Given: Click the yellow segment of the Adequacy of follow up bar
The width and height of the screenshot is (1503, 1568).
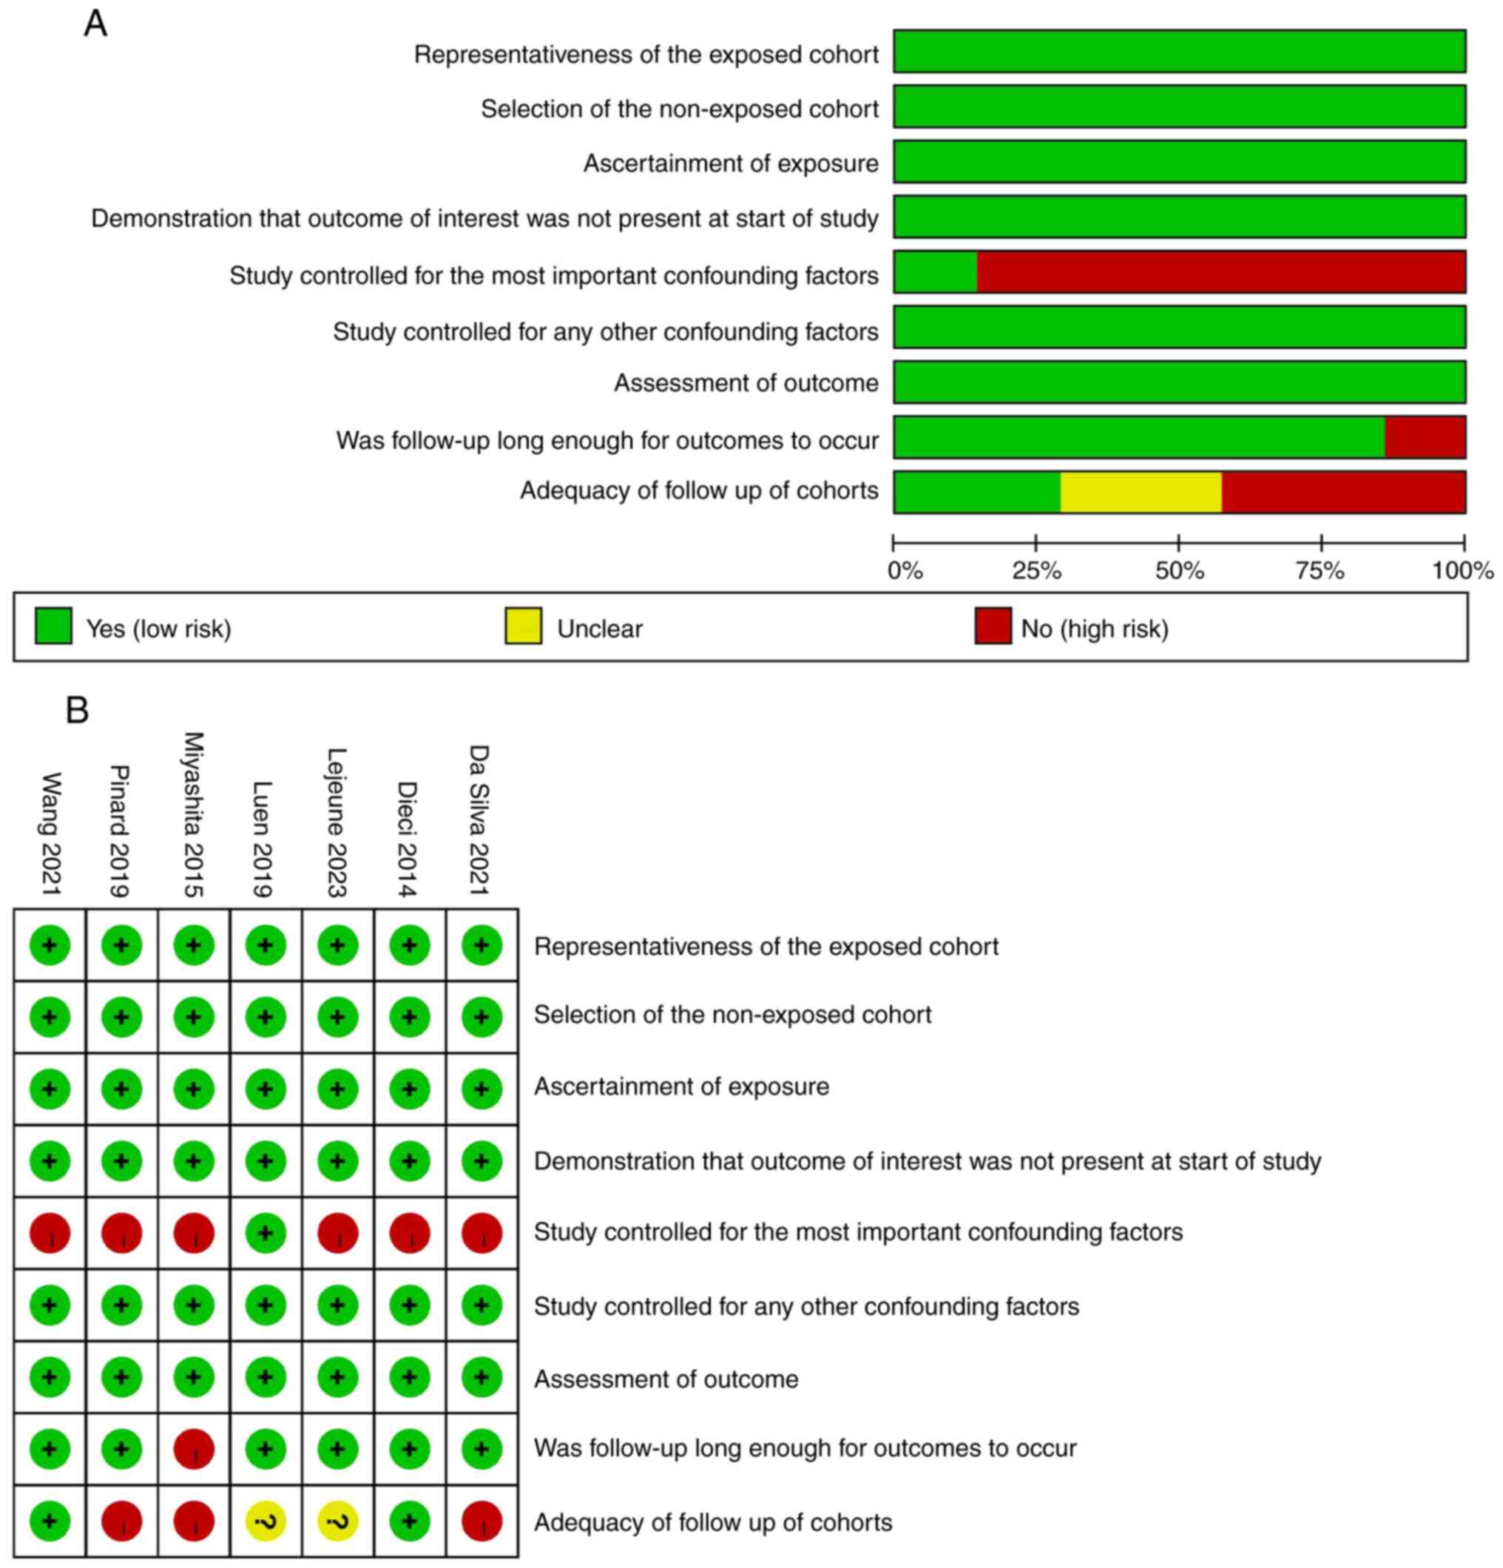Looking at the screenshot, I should (1140, 491).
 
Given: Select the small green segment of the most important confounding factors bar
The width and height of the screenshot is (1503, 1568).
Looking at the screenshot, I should (934, 271).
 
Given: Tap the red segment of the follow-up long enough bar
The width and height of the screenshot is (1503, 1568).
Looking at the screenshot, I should (1424, 437).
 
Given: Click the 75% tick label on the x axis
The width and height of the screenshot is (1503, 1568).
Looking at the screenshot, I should (1320, 571).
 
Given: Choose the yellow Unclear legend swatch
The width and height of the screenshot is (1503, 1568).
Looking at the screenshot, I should (522, 626).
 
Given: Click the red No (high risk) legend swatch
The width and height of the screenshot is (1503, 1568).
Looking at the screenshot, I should (992, 626).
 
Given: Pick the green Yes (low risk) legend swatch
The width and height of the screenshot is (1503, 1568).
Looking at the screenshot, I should (53, 626).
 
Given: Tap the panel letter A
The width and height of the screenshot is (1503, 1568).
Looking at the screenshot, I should (95, 24).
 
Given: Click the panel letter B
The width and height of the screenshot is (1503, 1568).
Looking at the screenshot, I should (77, 709).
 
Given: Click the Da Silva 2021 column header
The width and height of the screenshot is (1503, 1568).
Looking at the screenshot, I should (479, 820).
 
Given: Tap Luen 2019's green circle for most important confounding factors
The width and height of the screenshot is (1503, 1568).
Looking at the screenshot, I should (266, 1233).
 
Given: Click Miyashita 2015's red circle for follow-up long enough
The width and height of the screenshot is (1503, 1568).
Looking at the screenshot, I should (194, 1449).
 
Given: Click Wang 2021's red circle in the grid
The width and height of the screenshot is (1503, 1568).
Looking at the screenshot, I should (50, 1233).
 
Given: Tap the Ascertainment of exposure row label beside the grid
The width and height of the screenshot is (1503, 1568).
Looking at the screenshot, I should (681, 1087).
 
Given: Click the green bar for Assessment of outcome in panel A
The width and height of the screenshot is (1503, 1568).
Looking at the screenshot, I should (1178, 382).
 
